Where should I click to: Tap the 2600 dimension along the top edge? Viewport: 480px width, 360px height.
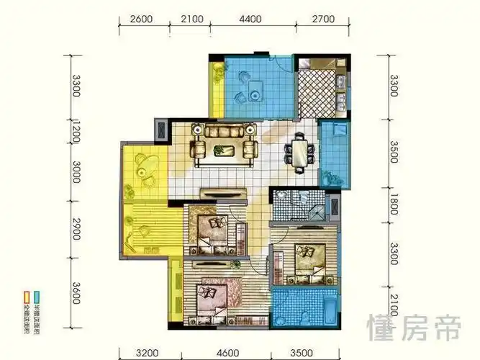point(142,19)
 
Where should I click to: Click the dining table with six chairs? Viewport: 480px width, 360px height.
point(300,152)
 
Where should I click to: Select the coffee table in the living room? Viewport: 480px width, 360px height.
point(222,149)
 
